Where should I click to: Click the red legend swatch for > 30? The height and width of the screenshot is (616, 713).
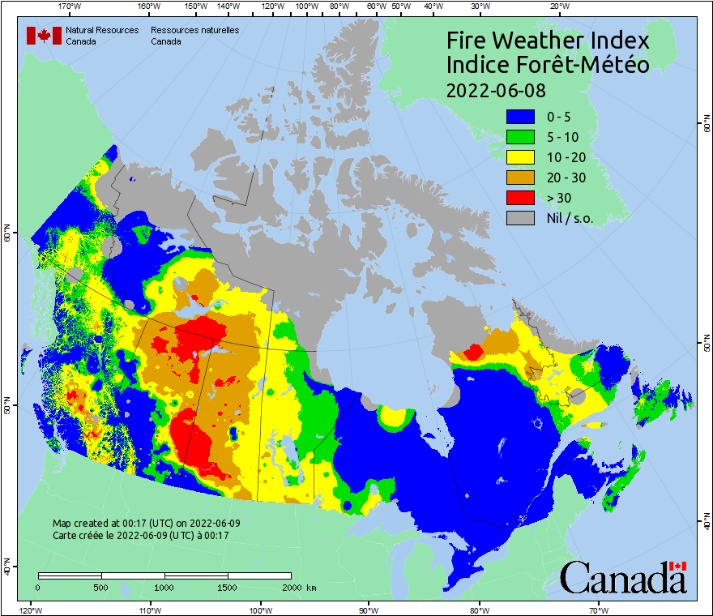520,197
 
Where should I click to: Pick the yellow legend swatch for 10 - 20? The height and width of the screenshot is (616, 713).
520,156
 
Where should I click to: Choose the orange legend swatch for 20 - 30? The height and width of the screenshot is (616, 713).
520,177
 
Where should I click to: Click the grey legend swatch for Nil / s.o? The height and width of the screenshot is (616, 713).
520,217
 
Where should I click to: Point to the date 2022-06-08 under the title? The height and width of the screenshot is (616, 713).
496,89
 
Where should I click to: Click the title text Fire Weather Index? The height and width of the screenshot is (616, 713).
548,41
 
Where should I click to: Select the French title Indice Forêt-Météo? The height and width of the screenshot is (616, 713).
548,65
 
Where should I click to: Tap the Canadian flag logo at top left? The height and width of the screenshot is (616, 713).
44,36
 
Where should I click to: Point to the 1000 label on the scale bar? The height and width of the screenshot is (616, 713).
164,587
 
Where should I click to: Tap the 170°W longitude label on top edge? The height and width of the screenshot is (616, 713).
70,6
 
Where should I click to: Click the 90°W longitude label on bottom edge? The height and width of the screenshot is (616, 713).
368,610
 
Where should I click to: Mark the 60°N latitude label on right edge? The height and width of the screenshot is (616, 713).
707,126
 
